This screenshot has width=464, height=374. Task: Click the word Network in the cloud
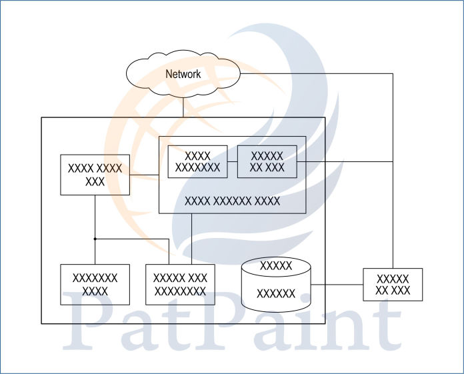click(183, 74)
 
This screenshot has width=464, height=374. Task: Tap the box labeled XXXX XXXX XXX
click(95, 175)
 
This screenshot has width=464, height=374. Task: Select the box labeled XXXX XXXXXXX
click(197, 161)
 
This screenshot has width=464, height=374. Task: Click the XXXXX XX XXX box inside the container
click(266, 161)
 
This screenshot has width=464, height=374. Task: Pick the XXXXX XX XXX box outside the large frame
click(392, 284)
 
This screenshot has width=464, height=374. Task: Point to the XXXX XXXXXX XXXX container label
click(232, 200)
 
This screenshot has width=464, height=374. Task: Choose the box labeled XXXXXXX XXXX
click(95, 284)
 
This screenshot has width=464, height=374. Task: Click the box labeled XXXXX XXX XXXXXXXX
click(180, 284)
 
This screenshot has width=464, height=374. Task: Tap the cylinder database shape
click(276, 285)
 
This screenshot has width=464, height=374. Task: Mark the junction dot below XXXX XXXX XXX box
click(95, 239)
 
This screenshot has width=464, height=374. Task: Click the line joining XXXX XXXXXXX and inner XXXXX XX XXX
click(232, 161)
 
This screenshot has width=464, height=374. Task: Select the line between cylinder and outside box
click(337, 285)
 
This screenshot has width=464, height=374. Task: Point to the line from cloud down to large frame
click(183, 108)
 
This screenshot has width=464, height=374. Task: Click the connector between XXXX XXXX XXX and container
click(143, 175)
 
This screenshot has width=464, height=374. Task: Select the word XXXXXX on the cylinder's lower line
click(276, 293)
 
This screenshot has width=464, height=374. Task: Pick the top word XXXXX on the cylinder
click(276, 266)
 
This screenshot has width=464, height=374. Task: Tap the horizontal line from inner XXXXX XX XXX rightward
click(344, 161)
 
